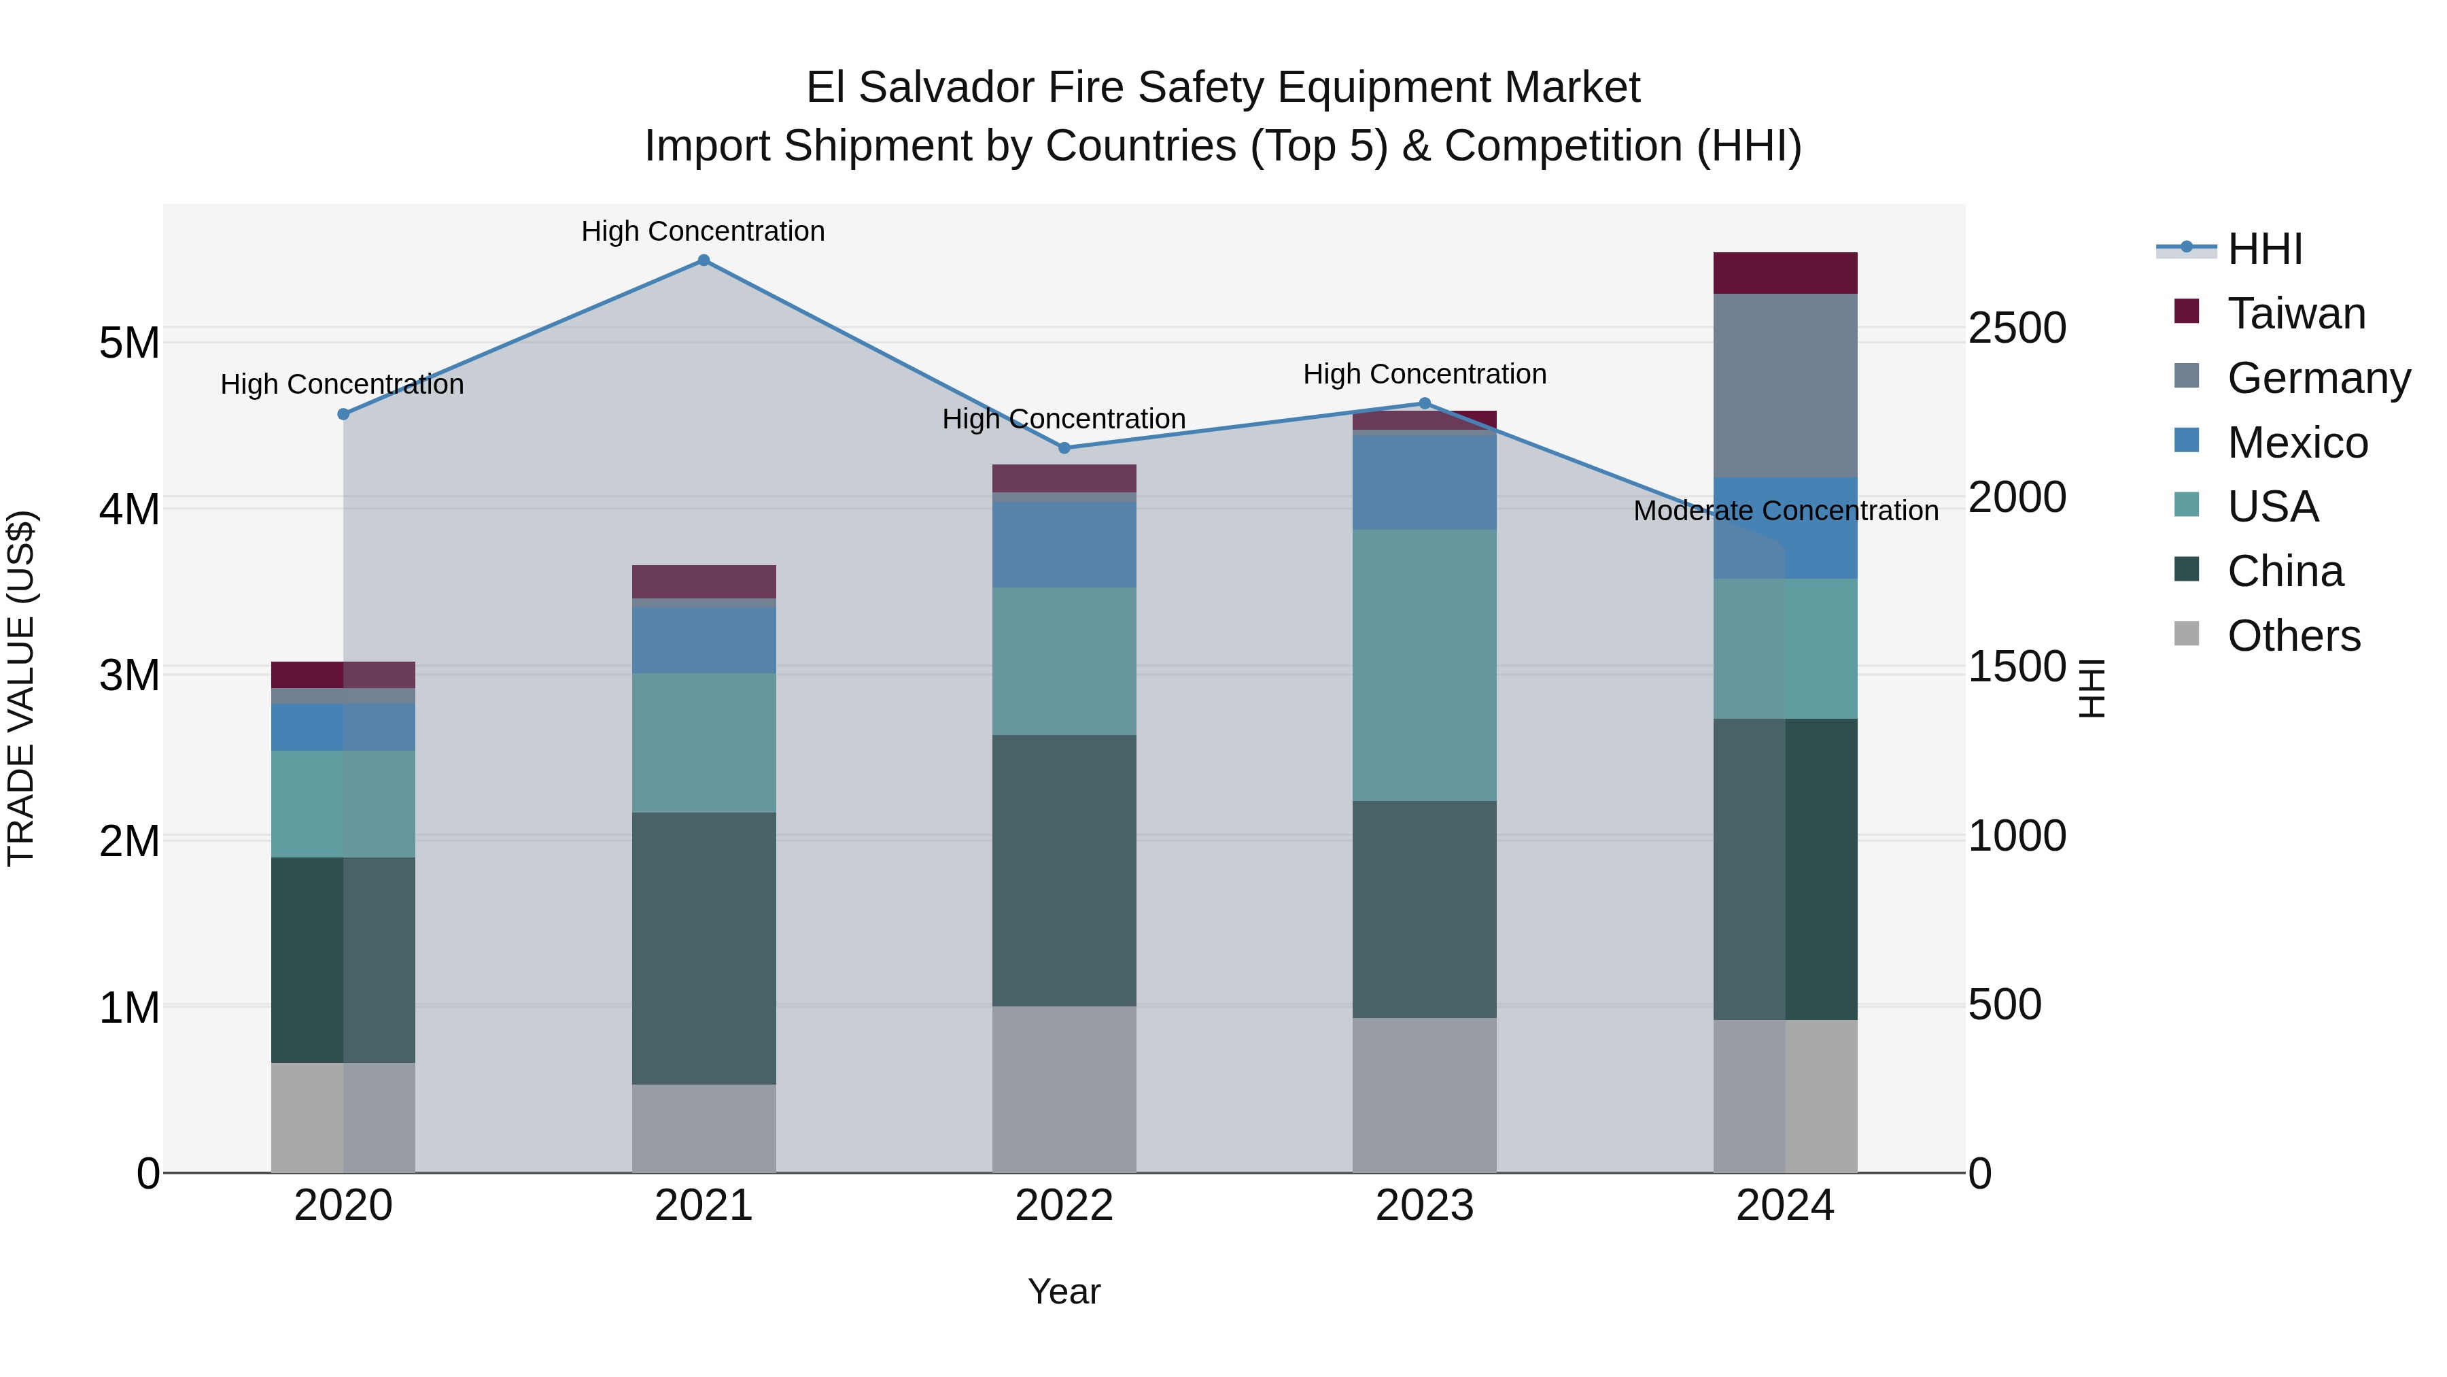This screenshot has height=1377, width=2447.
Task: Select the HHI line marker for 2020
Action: tap(344, 414)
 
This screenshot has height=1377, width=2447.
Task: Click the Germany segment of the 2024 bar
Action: tap(1785, 385)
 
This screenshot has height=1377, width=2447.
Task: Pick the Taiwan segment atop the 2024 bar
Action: tap(1785, 273)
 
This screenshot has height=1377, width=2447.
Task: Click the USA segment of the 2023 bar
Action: tap(1424, 664)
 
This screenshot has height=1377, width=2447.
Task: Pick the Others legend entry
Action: tap(2293, 636)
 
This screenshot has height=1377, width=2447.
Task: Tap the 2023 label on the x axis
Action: tap(1424, 1206)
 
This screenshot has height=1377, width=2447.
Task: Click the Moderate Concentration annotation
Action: tap(1785, 511)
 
